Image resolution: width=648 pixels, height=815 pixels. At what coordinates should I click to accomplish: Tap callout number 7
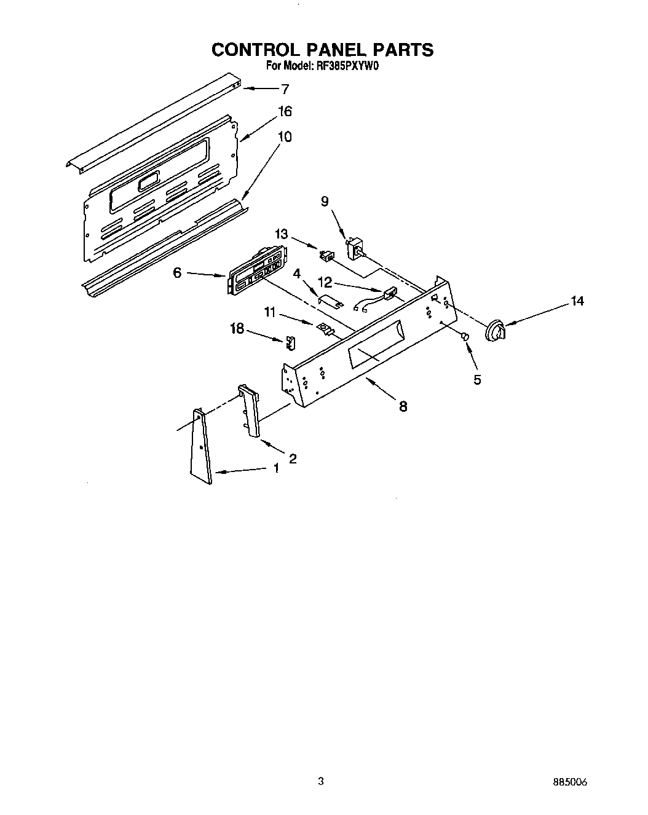[285, 89]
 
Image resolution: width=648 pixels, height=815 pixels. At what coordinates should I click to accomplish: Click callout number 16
[284, 112]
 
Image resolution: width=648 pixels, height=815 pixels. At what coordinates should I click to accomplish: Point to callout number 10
[285, 136]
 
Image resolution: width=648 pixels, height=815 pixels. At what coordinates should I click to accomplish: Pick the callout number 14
[577, 301]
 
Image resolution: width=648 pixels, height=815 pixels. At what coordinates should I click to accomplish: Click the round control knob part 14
[495, 331]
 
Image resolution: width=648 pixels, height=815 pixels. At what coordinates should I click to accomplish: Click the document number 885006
[570, 782]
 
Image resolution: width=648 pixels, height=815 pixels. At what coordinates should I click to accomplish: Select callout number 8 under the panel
[403, 406]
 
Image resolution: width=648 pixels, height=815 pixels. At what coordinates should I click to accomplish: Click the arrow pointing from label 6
[205, 274]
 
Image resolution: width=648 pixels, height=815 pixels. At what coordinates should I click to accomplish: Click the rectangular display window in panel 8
[375, 356]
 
